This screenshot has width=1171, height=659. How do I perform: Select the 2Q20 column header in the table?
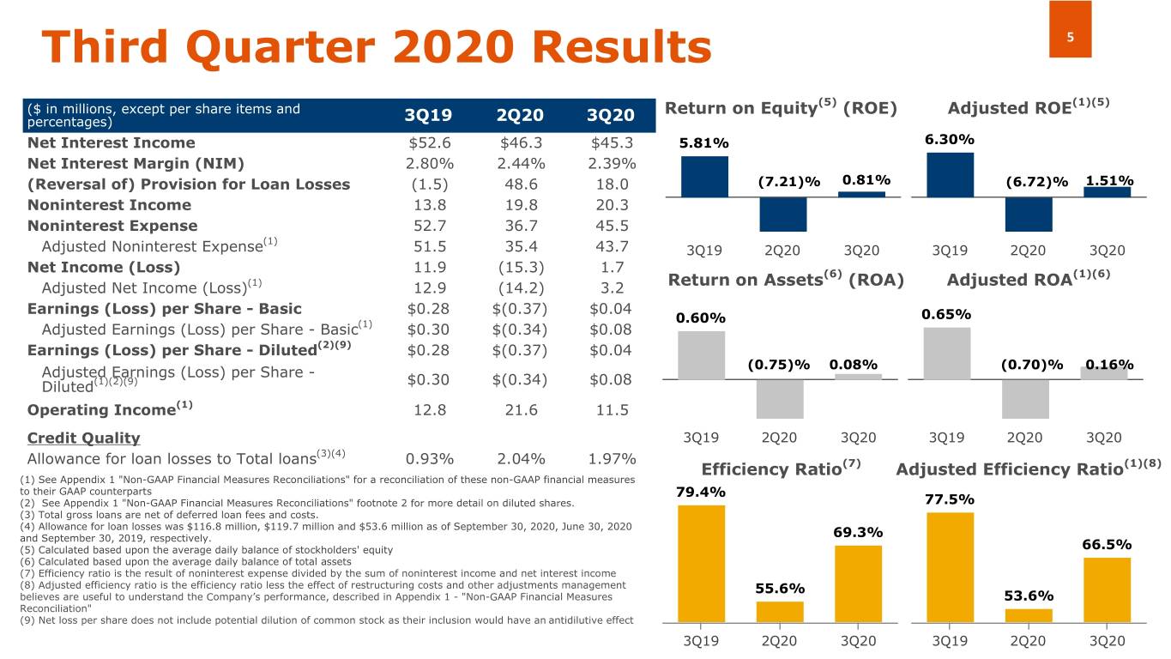[522, 116]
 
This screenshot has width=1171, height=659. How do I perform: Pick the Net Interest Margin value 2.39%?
[613, 163]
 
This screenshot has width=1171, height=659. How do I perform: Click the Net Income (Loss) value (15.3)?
[522, 267]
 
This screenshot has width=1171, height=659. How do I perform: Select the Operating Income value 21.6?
[522, 410]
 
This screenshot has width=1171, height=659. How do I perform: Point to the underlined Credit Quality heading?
[83, 438]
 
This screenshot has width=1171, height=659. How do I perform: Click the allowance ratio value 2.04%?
[522, 458]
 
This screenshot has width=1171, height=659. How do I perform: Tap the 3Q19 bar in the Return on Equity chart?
[704, 177]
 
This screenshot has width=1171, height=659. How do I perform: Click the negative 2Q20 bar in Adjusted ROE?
[1029, 215]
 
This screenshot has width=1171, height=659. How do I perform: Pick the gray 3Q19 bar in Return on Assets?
[701, 355]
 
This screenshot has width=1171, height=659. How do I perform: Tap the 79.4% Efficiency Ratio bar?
[701, 563]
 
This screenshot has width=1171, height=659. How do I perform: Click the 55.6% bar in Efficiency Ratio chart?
[780, 611]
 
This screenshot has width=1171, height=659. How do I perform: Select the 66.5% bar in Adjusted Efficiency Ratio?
[1107, 589]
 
